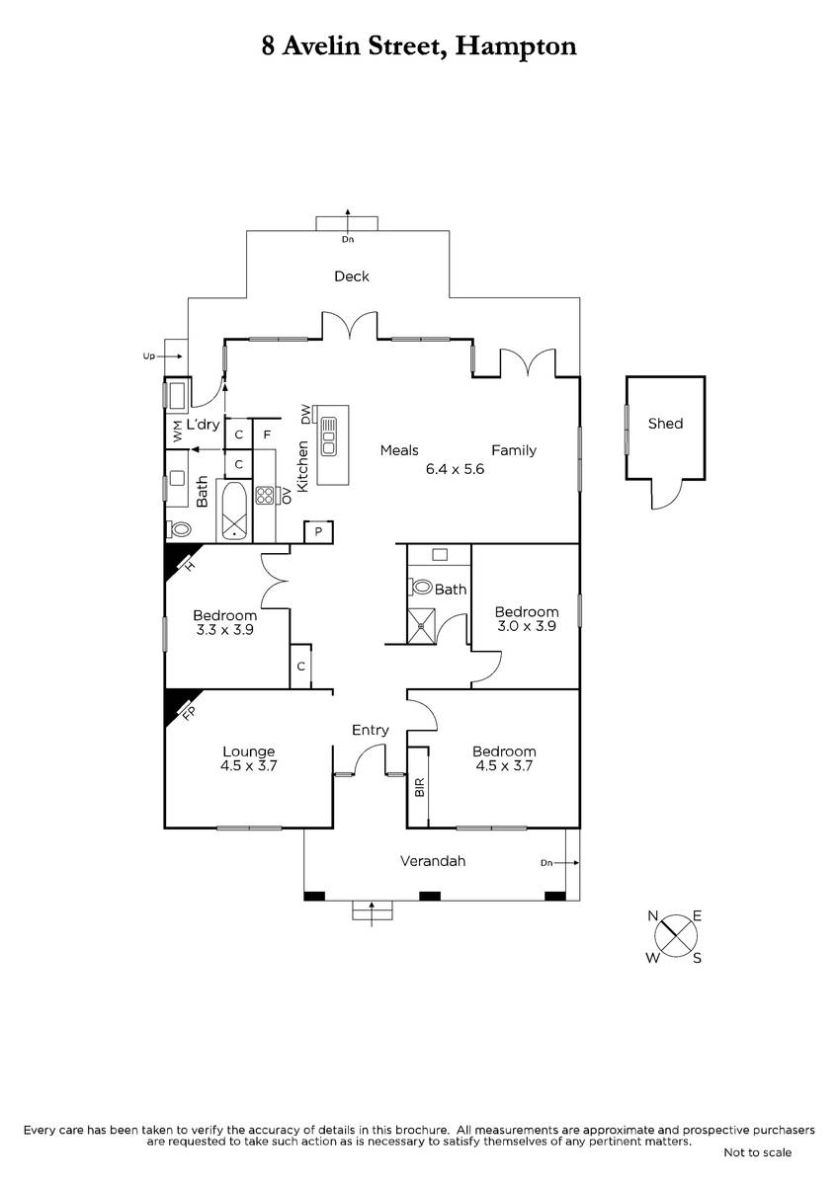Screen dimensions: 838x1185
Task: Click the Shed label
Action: pos(665,424)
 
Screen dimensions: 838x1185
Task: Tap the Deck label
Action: pos(352,276)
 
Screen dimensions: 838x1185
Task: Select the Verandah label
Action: pos(433,861)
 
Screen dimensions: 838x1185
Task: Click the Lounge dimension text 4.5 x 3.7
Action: pos(249,765)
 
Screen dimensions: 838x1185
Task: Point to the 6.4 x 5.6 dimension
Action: pos(455,469)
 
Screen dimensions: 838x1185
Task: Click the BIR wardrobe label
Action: pos(420,787)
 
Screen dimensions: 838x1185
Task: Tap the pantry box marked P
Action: pos(318,531)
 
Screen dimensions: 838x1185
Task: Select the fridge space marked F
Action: pos(267,434)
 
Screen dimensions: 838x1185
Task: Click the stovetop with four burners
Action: pos(264,495)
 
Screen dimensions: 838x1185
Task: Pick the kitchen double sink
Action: pos(329,436)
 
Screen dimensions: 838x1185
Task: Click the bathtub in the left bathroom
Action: pos(234,512)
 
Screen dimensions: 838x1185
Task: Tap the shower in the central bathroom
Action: pos(421,626)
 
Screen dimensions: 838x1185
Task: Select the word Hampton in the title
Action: pos(516,46)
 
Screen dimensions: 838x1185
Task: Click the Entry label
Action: pos(370,730)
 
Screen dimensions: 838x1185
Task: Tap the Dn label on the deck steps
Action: pos(347,239)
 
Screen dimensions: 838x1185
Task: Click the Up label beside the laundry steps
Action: pos(149,356)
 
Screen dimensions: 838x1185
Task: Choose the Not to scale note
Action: pos(758,1152)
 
